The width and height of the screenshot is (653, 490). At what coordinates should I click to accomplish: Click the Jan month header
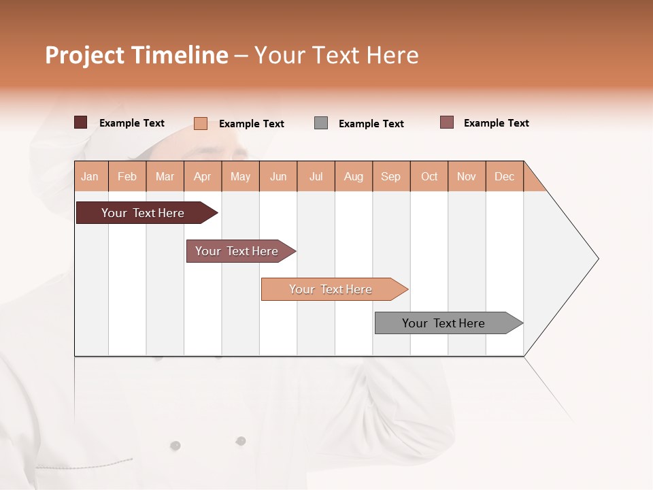(90, 176)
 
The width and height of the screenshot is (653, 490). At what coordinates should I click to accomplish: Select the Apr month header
(203, 176)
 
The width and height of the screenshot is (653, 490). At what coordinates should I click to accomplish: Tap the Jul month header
(316, 176)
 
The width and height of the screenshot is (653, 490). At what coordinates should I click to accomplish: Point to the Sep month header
(391, 176)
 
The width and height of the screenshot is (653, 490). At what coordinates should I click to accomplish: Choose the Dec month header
(504, 176)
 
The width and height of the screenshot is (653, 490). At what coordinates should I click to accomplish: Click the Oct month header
(429, 176)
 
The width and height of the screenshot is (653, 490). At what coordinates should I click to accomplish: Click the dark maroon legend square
(80, 122)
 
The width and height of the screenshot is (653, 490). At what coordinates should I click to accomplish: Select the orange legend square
(200, 123)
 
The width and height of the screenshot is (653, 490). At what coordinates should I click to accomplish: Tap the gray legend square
(321, 122)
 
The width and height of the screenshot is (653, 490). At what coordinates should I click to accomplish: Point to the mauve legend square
(446, 122)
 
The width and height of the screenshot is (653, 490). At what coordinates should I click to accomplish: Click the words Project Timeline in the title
(137, 55)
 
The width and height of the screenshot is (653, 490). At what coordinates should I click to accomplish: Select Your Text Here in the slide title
(336, 55)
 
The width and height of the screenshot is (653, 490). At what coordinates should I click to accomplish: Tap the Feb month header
(127, 176)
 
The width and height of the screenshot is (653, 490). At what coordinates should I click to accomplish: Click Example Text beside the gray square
(371, 124)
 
